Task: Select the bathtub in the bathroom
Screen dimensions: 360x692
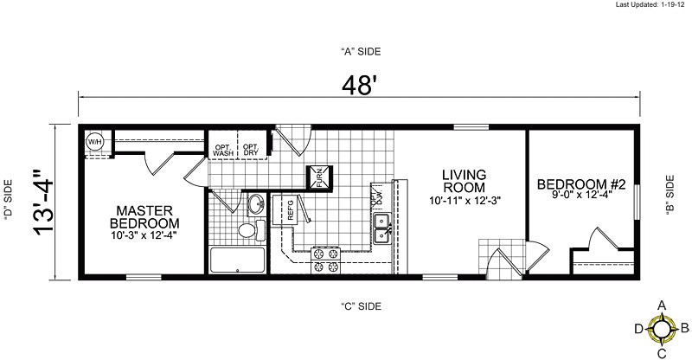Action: click(238, 260)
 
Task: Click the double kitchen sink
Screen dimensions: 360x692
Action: click(380, 228)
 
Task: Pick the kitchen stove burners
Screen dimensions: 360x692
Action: click(325, 260)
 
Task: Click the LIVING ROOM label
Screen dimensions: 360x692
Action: click(460, 180)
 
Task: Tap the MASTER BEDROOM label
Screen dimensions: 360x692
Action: click(144, 216)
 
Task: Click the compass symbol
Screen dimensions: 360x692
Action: click(662, 329)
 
